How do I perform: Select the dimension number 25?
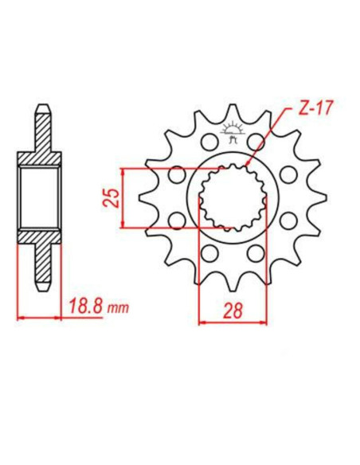[x=112, y=196]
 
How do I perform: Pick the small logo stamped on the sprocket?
[x=233, y=130]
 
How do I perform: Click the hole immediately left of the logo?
[x=209, y=142]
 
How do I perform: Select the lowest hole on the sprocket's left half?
[x=209, y=252]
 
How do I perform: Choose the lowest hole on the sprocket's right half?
[x=256, y=252]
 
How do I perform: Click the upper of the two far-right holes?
[x=288, y=174]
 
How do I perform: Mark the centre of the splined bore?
[x=233, y=197]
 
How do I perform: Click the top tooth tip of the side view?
[x=41, y=107]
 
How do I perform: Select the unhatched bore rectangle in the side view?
[x=41, y=197]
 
